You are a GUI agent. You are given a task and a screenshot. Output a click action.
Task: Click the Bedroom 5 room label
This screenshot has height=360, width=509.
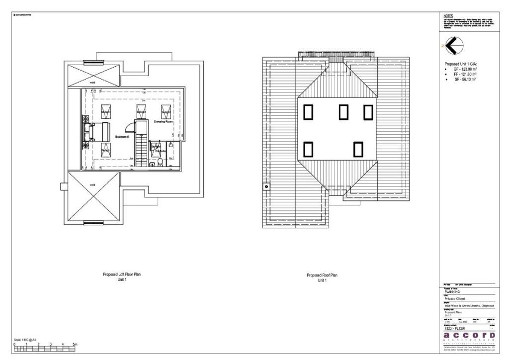[x=122, y=136]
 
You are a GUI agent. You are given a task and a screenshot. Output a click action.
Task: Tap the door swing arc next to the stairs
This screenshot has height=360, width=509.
[x=130, y=129]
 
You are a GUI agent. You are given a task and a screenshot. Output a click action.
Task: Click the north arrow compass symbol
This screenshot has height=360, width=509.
[x=452, y=46]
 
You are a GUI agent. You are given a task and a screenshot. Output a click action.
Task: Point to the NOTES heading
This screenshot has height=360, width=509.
[x=448, y=16]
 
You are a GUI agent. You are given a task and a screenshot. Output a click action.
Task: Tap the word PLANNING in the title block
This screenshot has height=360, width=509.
[x=452, y=292]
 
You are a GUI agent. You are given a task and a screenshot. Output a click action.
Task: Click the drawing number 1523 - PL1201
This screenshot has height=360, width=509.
[x=454, y=328]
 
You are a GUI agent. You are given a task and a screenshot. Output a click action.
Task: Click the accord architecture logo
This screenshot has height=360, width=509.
[x=469, y=338]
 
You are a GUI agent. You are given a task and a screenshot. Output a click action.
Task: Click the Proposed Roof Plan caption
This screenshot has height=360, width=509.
[x=322, y=275]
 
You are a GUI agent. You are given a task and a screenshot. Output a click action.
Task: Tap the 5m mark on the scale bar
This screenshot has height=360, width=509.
[x=75, y=344]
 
